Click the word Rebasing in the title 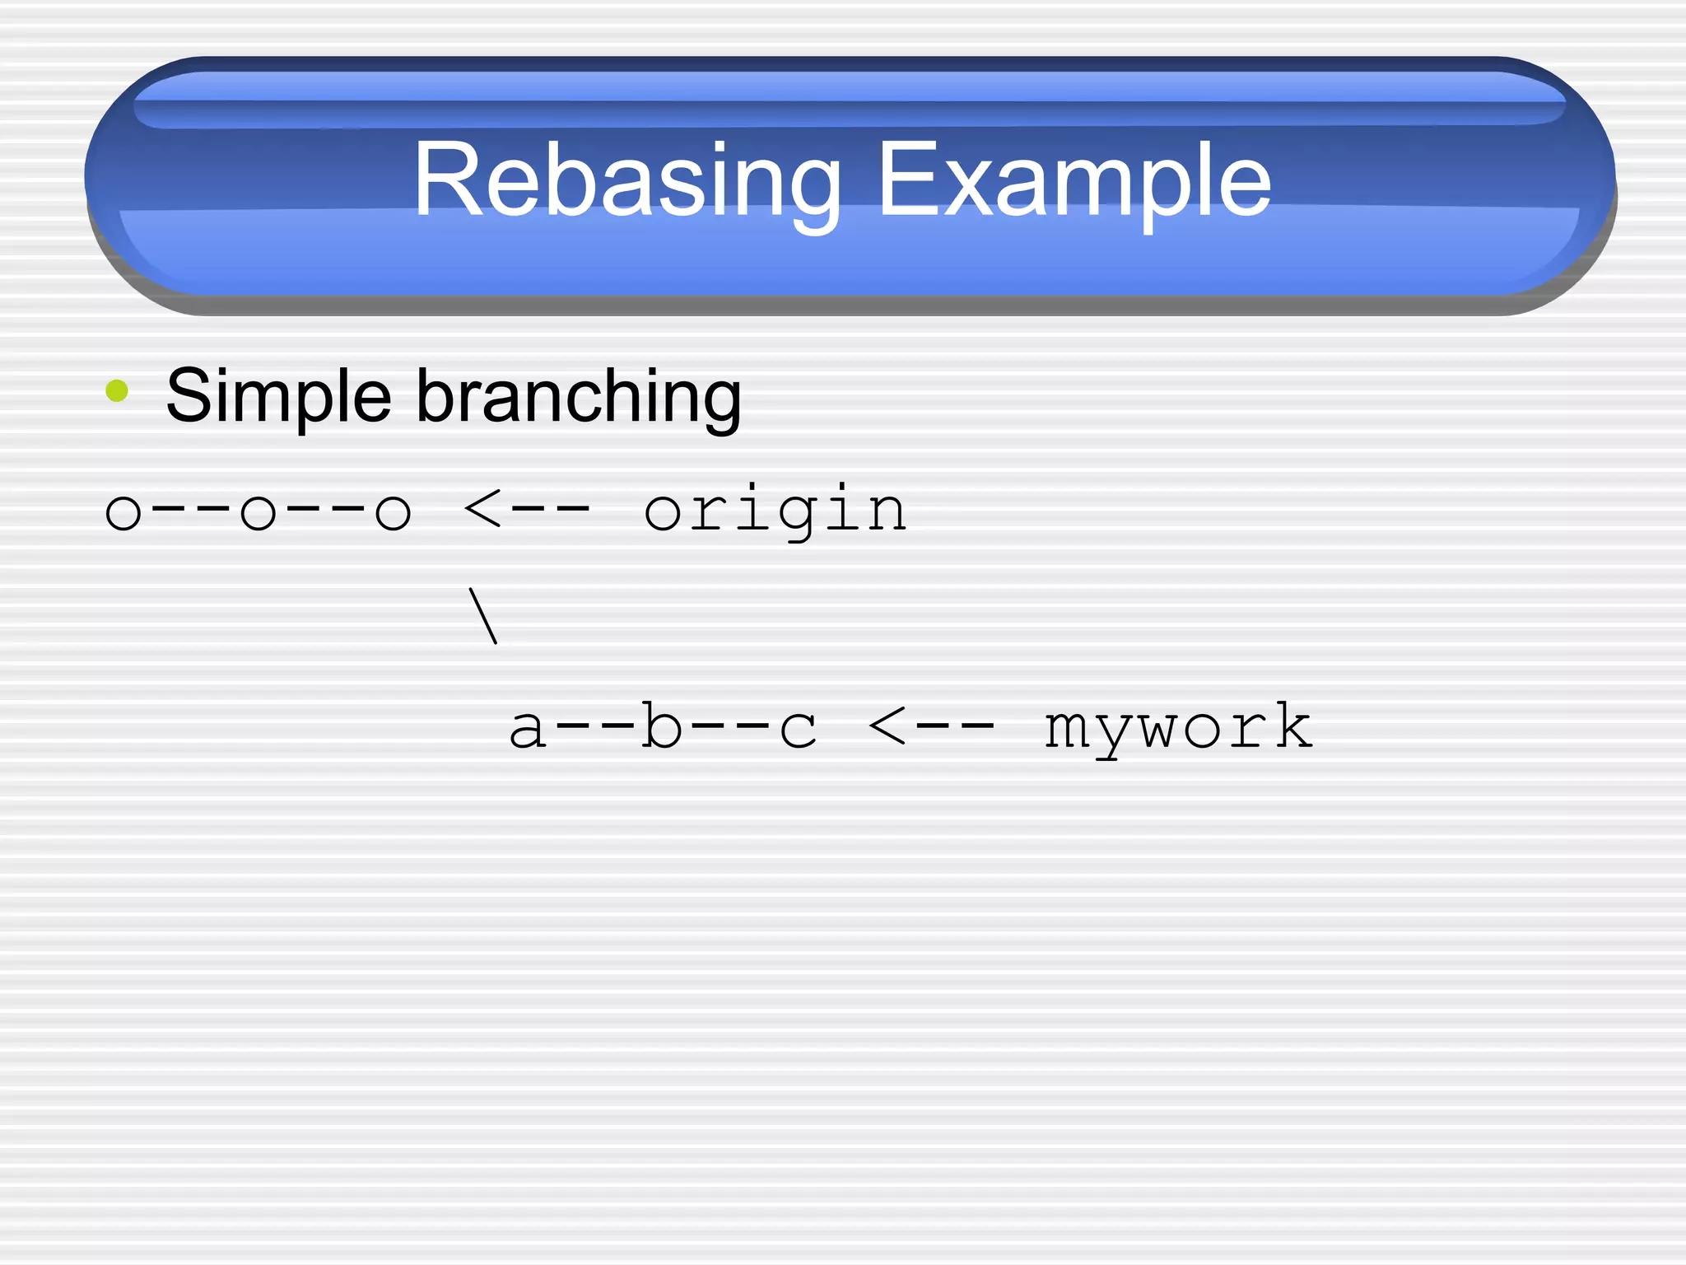pyautogui.click(x=626, y=180)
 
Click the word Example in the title pyautogui.click(x=1074, y=180)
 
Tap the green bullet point pyautogui.click(x=118, y=390)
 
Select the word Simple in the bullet pyautogui.click(x=278, y=397)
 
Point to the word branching pyautogui.click(x=579, y=397)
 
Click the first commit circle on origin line pyautogui.click(x=123, y=512)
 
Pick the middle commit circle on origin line pyautogui.click(x=258, y=512)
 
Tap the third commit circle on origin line pyautogui.click(x=393, y=512)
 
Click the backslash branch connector pyautogui.click(x=482, y=615)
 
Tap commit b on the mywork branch pyautogui.click(x=662, y=726)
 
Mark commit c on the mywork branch pyautogui.click(x=797, y=729)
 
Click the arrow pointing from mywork pyautogui.click(x=931, y=726)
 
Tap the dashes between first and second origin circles pyautogui.click(x=190, y=511)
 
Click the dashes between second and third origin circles pyautogui.click(x=325, y=511)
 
